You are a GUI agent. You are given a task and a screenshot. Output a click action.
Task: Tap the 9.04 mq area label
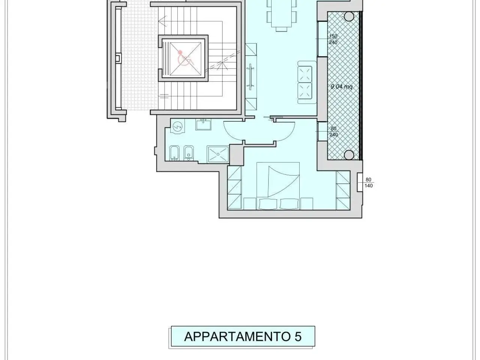[341, 87]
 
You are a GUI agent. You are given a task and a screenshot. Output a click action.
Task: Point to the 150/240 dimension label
[333, 39]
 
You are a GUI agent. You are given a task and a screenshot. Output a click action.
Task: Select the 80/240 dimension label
[333, 131]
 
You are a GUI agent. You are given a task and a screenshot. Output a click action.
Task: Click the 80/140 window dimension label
[369, 183]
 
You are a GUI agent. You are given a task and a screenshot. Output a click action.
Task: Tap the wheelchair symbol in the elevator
[185, 58]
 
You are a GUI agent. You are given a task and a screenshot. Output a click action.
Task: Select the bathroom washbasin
[203, 124]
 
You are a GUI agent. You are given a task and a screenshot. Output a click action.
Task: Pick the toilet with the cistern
[189, 153]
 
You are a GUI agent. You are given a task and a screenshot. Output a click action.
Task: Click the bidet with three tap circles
[174, 153]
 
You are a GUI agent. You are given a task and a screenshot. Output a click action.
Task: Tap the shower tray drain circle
[218, 154]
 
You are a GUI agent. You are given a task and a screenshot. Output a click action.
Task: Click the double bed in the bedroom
[278, 186]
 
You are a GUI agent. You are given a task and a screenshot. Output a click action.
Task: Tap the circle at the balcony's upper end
[349, 16]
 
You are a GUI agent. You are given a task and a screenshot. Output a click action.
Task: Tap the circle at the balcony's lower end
[349, 155]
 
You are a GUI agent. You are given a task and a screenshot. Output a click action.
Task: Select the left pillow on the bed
[268, 204]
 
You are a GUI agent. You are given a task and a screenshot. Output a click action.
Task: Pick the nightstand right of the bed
[307, 204]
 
